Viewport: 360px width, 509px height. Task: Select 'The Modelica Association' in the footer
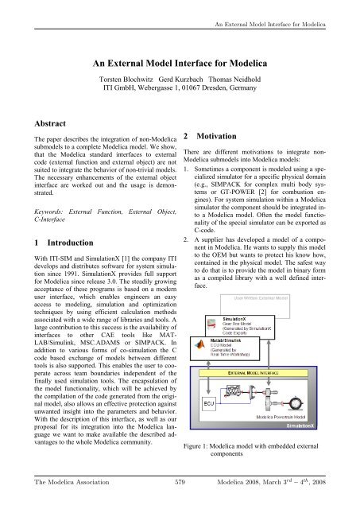click(60, 499)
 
